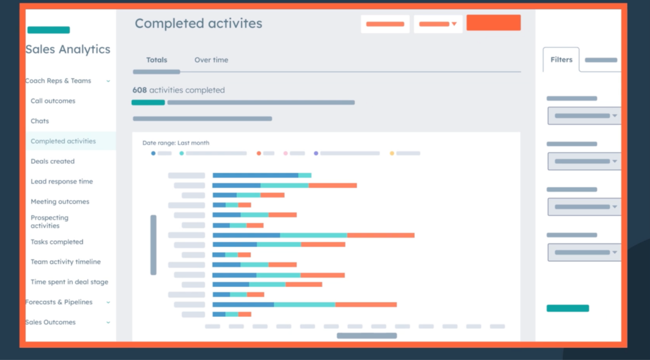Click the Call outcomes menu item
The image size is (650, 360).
click(x=53, y=101)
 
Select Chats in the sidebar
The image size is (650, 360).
click(x=39, y=121)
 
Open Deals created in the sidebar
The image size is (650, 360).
click(x=53, y=161)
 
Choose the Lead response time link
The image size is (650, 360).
click(x=62, y=182)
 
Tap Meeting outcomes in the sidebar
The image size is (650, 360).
click(x=60, y=202)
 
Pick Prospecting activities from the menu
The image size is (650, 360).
click(x=50, y=222)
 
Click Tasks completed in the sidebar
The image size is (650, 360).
click(x=56, y=242)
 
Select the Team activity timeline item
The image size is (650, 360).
click(x=65, y=262)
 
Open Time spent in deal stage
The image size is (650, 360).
click(x=69, y=282)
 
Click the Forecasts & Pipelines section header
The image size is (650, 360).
click(x=59, y=302)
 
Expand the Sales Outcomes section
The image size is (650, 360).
click(x=51, y=323)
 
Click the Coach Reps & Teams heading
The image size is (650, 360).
click(x=58, y=81)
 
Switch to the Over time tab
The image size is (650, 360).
click(x=211, y=60)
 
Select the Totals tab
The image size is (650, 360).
click(x=157, y=60)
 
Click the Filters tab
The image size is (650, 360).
click(x=561, y=60)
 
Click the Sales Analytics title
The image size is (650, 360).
click(x=68, y=50)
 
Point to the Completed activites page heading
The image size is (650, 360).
click(x=198, y=23)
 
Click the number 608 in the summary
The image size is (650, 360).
click(x=139, y=90)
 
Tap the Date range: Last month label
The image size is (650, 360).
click(x=175, y=143)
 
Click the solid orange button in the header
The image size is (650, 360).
click(x=493, y=23)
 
